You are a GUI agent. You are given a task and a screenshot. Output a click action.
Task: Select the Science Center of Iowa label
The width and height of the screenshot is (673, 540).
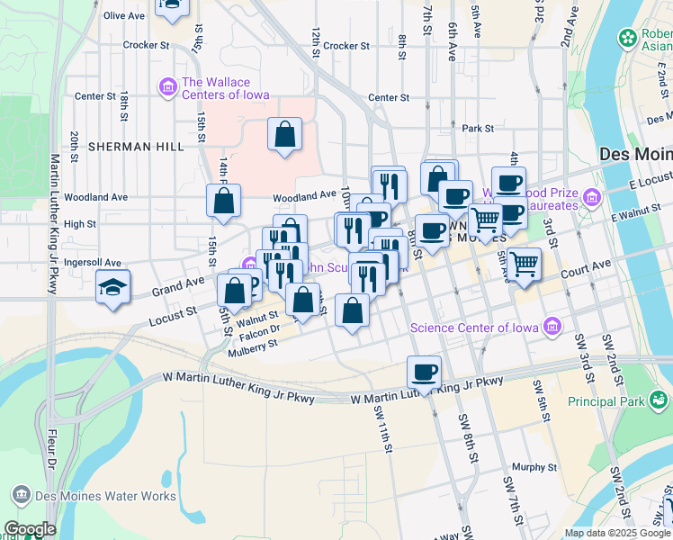[x=477, y=327]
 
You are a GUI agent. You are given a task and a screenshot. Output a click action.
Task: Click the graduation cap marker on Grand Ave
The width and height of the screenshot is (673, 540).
[x=113, y=287]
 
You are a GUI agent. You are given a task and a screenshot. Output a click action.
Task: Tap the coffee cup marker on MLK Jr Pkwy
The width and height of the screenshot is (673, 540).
[x=425, y=373]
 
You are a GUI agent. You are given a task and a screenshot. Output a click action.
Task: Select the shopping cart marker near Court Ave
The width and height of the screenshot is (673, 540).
[x=524, y=265]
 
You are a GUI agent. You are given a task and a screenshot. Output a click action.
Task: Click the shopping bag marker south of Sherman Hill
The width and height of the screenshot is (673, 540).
[x=284, y=136]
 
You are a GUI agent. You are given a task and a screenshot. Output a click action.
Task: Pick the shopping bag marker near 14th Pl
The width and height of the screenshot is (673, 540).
[x=224, y=201]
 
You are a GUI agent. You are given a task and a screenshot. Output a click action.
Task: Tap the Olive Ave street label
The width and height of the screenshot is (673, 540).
[x=124, y=16]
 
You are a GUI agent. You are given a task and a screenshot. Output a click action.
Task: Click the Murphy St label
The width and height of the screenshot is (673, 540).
[x=534, y=467]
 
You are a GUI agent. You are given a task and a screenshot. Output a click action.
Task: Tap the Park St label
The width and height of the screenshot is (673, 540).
[x=478, y=129]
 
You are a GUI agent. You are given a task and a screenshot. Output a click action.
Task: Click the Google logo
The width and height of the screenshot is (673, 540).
[x=30, y=529]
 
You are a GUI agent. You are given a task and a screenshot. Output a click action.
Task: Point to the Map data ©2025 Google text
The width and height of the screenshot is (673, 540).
[x=616, y=533]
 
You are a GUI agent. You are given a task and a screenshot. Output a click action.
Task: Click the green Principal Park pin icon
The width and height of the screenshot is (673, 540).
[x=661, y=398]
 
